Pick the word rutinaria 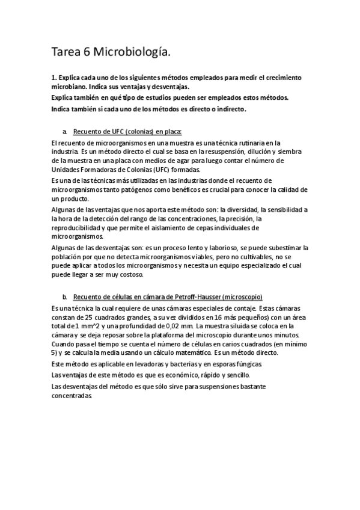click(x=233, y=143)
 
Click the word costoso click(x=129, y=275)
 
